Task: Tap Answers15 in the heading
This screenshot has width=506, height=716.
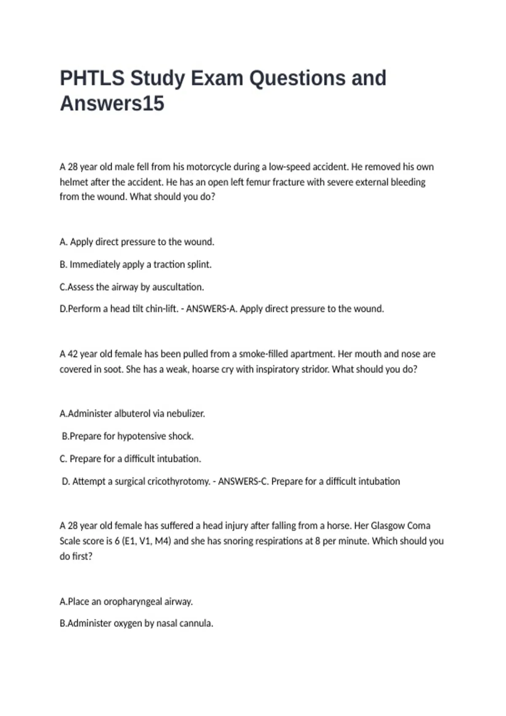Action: (x=112, y=104)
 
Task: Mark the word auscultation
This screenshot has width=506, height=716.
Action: (x=178, y=287)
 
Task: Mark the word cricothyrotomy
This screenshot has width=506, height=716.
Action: (x=179, y=481)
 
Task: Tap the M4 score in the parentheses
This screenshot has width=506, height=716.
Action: (x=161, y=541)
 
